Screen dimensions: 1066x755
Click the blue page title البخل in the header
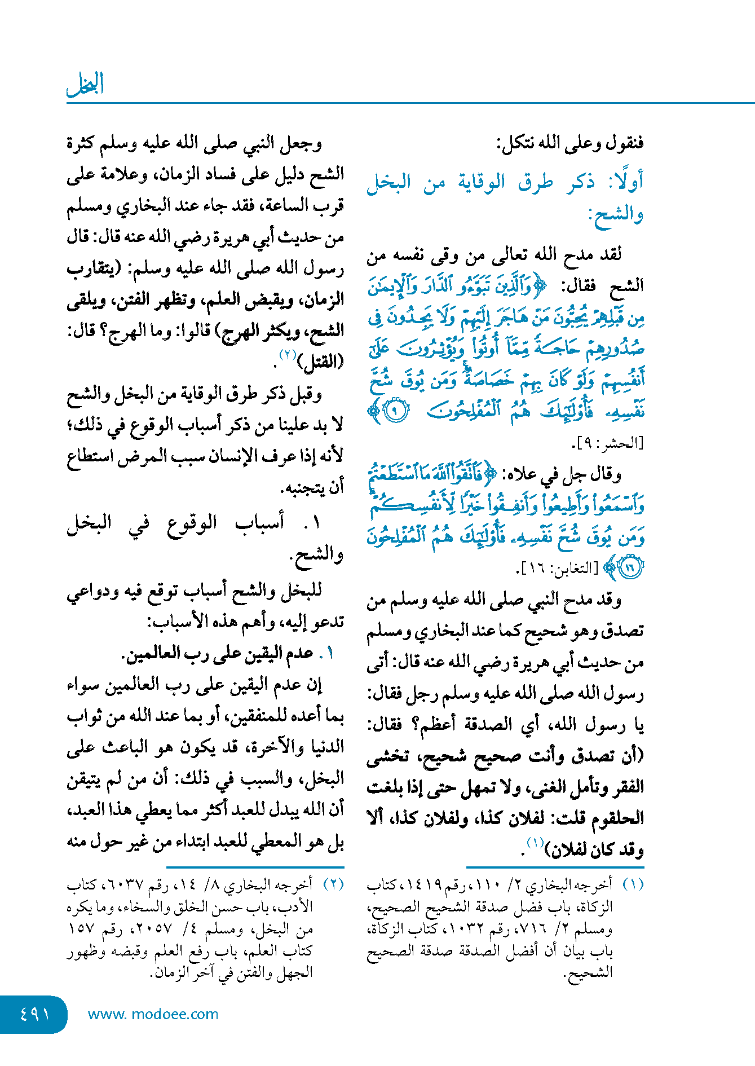(85, 85)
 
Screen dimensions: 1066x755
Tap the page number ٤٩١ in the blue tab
(34, 1014)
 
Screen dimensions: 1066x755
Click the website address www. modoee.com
(153, 1014)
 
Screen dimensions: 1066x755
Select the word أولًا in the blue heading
(625, 182)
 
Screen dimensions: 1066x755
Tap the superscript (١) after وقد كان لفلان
(534, 843)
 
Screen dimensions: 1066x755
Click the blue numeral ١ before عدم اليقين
(329, 654)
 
